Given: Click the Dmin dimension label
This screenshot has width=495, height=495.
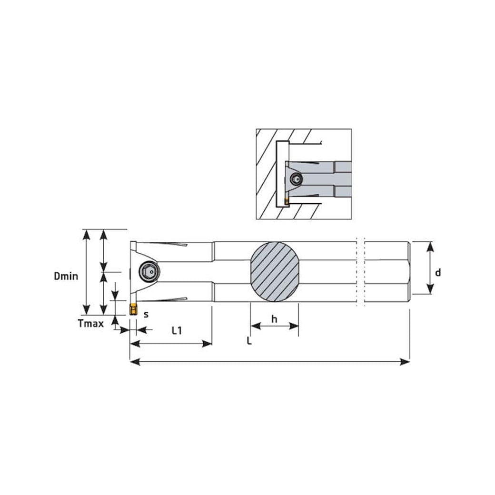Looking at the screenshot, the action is tap(66, 276).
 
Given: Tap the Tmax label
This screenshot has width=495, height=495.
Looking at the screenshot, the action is tap(90, 324).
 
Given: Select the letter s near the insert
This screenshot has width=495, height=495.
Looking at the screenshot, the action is tap(146, 315).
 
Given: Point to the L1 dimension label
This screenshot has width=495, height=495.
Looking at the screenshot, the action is tap(177, 330).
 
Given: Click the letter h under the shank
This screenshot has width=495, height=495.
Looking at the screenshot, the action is tap(274, 319).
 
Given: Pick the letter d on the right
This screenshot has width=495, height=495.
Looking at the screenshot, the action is tap(438, 272).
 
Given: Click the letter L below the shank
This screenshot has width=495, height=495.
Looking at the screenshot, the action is tap(249, 341).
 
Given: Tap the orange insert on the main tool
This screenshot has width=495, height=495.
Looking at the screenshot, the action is tap(133, 309).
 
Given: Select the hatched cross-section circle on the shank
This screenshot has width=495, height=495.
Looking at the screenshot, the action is tap(275, 272).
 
